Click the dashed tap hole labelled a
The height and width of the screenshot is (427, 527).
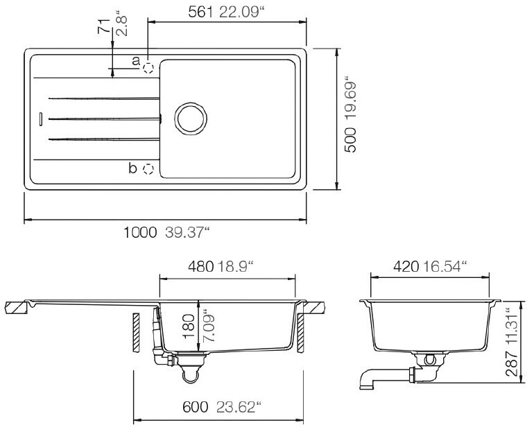pos(148,68)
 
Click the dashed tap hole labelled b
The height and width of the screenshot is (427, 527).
pos(148,169)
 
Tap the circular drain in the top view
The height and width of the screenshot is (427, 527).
pos(191,119)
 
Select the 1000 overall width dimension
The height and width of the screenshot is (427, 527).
pos(140,232)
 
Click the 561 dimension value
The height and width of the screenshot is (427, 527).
pos(200,12)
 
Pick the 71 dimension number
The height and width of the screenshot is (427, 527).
pos(104,26)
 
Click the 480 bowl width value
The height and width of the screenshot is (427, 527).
pos(200,267)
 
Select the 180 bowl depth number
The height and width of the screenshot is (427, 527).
pos(189,326)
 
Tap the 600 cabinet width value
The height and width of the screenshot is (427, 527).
pos(196,407)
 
